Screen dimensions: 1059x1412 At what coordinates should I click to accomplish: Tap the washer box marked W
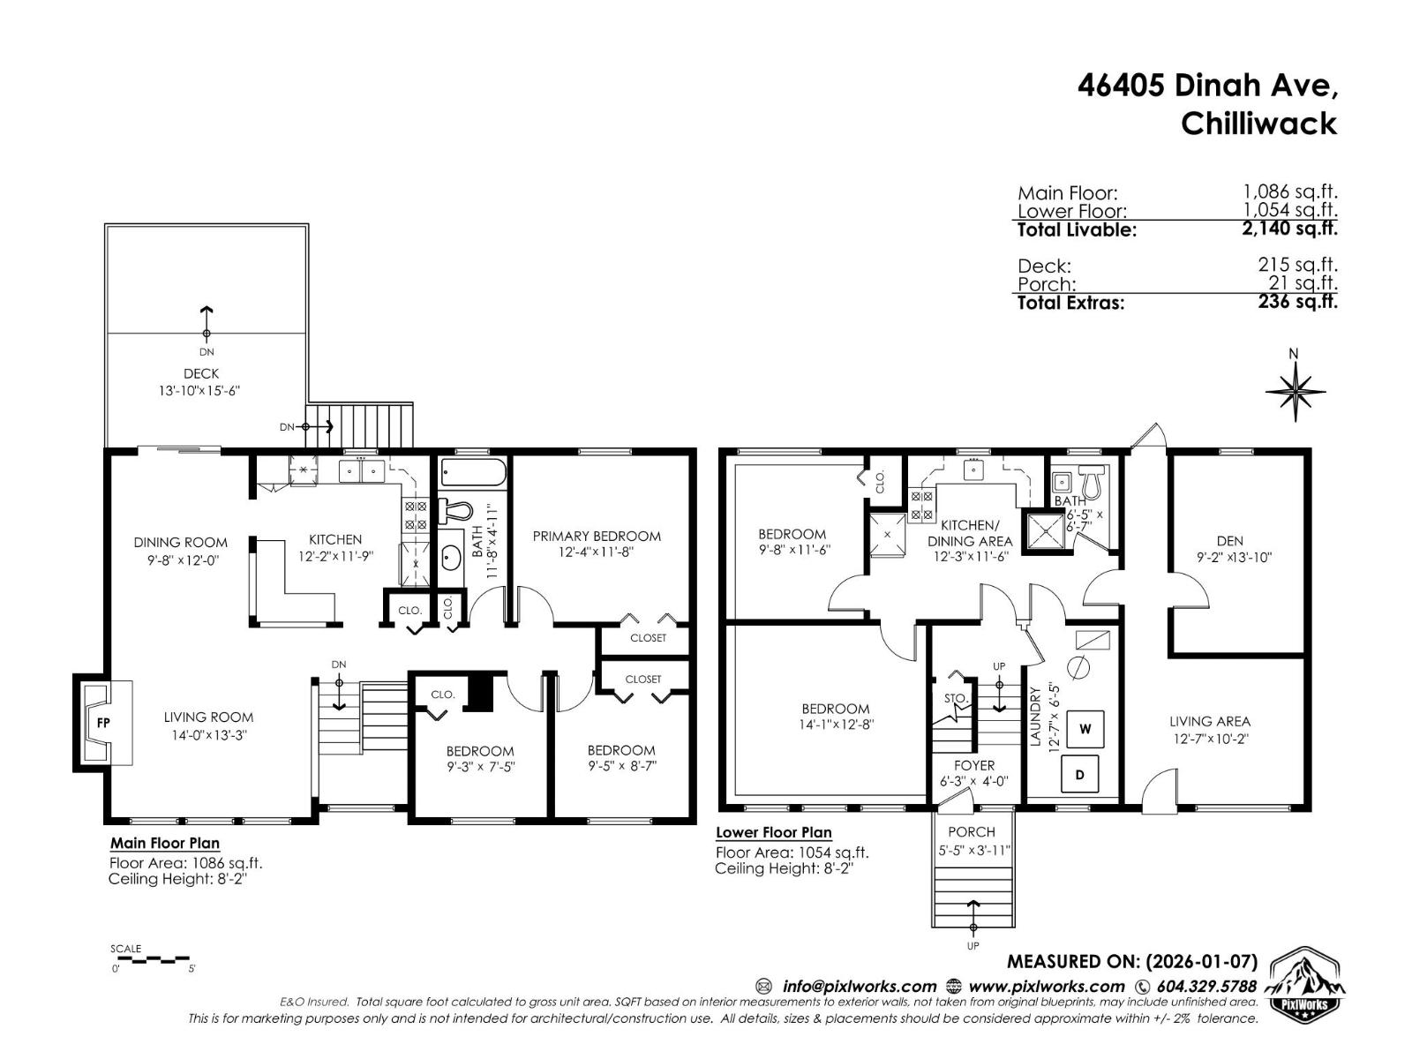(x=1085, y=729)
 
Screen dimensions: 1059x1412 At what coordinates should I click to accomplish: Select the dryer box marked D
(x=1080, y=775)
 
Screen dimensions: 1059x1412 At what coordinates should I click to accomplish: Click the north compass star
(x=1295, y=389)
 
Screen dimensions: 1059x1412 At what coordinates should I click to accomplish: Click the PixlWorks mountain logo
(x=1306, y=987)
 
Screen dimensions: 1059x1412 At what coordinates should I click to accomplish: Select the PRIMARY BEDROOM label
(x=597, y=536)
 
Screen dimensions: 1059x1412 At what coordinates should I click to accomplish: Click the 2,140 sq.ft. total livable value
(x=1289, y=229)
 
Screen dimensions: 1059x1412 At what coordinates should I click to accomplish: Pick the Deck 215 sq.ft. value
(x=1297, y=265)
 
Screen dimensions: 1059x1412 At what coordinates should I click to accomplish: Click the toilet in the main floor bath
(x=457, y=511)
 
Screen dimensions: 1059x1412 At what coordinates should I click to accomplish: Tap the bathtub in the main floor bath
(x=473, y=473)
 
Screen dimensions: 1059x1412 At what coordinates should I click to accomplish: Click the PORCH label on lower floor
(x=972, y=831)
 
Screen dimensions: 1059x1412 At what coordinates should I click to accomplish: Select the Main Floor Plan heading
(x=165, y=843)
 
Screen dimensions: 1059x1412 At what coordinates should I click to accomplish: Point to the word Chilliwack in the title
(x=1258, y=123)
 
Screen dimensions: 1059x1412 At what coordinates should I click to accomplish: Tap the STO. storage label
(x=956, y=698)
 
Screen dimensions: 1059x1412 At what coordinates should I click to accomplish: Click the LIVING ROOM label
(x=208, y=717)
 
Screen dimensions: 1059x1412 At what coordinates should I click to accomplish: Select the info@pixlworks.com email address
(x=859, y=987)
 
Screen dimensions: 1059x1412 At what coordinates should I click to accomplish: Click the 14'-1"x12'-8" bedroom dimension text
(x=835, y=725)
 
